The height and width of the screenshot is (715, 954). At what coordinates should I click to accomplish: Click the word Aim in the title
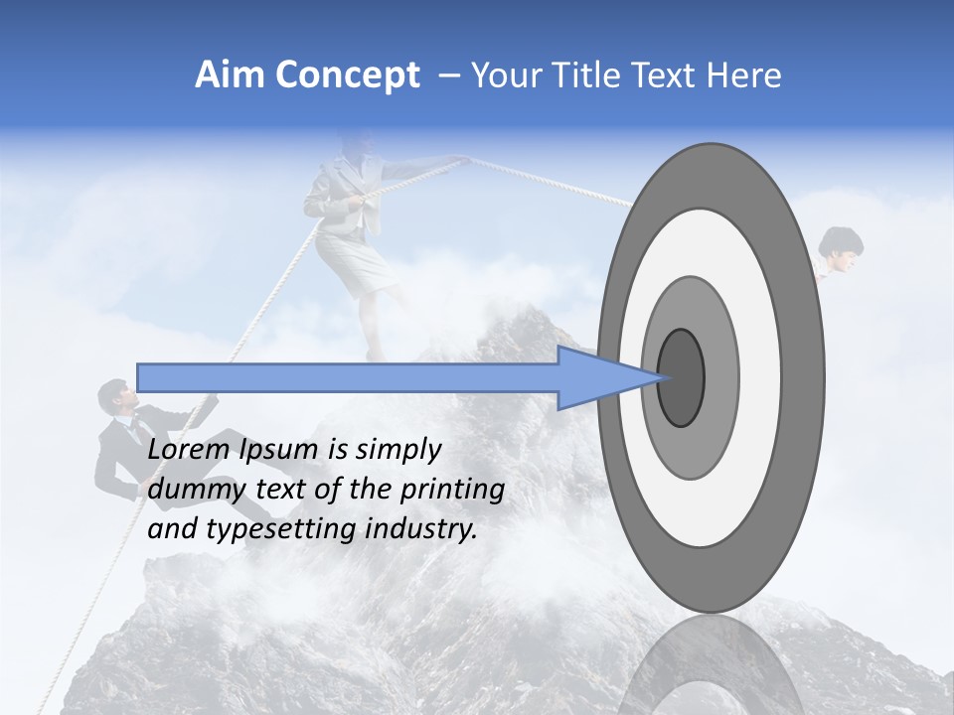pyautogui.click(x=231, y=75)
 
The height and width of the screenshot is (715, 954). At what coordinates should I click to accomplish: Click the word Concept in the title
pyautogui.click(x=348, y=75)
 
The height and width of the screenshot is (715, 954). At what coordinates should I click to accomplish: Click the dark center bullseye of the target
pyautogui.click(x=682, y=378)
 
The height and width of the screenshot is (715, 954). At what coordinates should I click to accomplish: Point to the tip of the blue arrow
pyautogui.click(x=664, y=377)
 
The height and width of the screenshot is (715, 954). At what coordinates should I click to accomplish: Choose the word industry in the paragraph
pyautogui.click(x=424, y=529)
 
